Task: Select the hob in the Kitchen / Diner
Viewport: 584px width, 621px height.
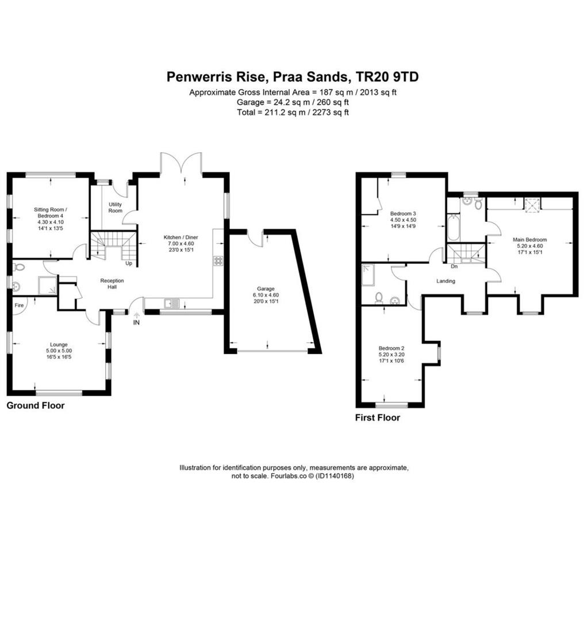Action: pyautogui.click(x=218, y=260)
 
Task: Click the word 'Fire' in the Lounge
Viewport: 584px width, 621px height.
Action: pyautogui.click(x=19, y=305)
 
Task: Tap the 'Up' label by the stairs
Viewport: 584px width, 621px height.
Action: pyautogui.click(x=129, y=264)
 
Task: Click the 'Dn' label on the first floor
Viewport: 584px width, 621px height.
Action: pyautogui.click(x=454, y=266)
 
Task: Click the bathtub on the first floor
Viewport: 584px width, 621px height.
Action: pyautogui.click(x=454, y=227)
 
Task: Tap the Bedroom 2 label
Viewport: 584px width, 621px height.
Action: pyautogui.click(x=391, y=348)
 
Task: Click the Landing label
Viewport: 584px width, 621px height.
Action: pyautogui.click(x=445, y=281)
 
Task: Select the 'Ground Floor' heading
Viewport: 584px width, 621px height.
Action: pyautogui.click(x=36, y=405)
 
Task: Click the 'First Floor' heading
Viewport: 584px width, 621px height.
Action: pyautogui.click(x=377, y=417)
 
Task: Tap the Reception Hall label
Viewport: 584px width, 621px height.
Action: pyautogui.click(x=112, y=283)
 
